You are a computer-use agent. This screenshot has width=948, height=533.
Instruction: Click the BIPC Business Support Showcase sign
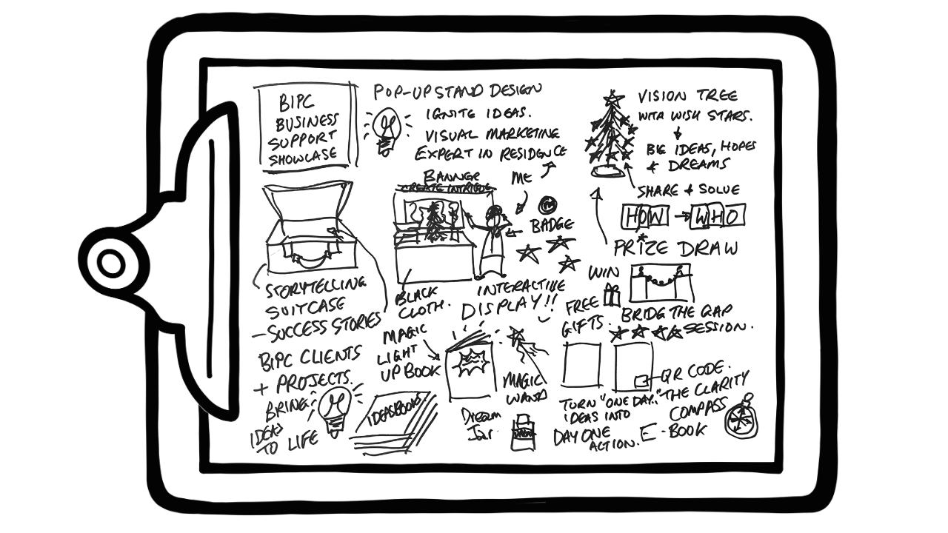(304, 127)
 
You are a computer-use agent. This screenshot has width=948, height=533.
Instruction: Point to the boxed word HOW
(644, 217)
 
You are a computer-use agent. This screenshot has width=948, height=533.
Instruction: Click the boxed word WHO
(716, 217)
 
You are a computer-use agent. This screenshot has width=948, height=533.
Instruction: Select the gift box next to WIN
(612, 294)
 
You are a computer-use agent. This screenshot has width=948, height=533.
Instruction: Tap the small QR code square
(641, 381)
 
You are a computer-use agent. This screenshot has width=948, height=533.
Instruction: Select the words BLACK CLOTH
(421, 298)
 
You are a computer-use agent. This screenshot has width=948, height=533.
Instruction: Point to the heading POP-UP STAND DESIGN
(457, 92)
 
